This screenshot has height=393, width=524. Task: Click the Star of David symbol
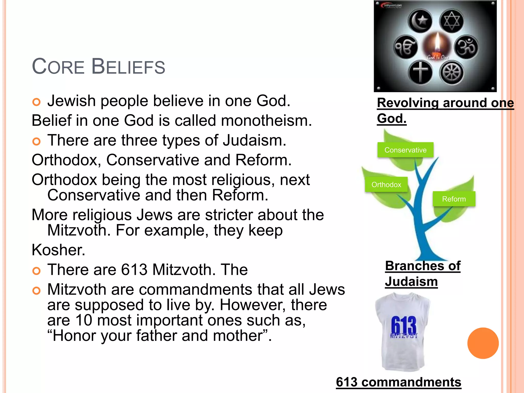point(452,21)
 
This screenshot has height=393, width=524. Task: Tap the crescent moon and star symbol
point(420,21)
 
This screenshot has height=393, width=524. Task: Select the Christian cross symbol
point(420,72)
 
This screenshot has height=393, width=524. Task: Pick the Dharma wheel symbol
point(452,73)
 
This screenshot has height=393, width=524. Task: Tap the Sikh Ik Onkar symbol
point(406,47)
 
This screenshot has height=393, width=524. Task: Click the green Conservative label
point(405,150)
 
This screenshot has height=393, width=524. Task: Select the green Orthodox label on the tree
point(386,184)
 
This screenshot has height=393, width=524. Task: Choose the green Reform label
point(454,199)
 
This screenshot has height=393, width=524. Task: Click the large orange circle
point(483,343)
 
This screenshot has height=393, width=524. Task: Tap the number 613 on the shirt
point(403,325)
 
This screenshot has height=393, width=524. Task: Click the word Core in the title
point(58,67)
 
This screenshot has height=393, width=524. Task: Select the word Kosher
point(58,250)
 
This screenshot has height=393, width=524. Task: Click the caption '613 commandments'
point(398,382)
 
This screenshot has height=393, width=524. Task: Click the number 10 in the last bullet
point(84,320)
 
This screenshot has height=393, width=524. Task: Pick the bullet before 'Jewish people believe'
point(37,102)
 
